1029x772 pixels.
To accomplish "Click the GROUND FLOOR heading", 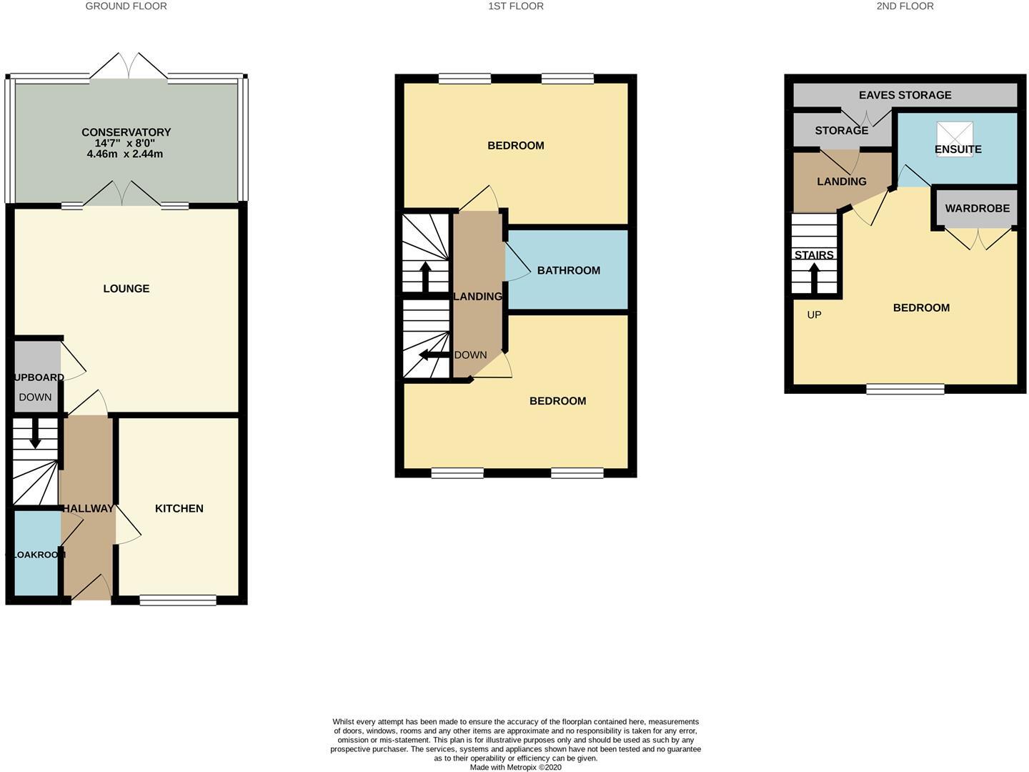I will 126,6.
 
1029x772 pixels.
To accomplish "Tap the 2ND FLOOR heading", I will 905,6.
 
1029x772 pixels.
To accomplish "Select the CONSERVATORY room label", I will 126,132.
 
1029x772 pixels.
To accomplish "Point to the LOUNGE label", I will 126,289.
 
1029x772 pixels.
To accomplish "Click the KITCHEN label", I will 179,508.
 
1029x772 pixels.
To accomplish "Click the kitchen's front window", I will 178,600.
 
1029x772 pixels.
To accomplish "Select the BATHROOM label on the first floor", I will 568,270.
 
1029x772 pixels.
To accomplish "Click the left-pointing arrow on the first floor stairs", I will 432,355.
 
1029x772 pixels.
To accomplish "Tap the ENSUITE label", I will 958,149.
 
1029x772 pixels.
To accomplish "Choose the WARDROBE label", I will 977,209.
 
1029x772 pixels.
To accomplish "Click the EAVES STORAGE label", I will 905,95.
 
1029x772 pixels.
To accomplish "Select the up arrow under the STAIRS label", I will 814,277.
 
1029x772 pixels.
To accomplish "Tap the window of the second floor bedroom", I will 905,390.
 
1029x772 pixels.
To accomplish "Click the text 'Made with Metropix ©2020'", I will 515,767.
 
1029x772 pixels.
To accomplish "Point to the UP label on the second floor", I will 814,315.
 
